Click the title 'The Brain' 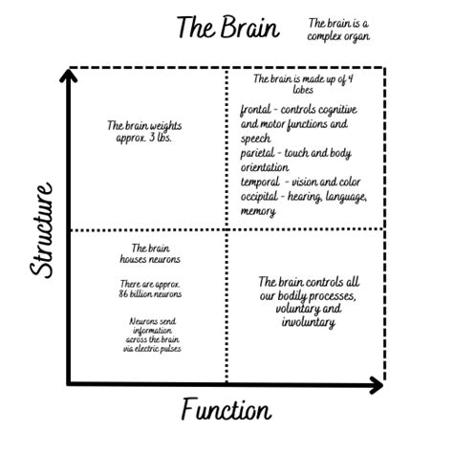(227, 28)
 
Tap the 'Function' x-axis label (226, 411)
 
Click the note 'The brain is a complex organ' (337, 29)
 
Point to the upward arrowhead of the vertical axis (68, 75)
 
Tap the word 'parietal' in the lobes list (260, 152)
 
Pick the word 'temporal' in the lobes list (261, 182)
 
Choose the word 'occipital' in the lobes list (261, 196)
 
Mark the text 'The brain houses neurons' (144, 253)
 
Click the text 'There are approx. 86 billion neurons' (151, 289)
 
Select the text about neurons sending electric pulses (155, 335)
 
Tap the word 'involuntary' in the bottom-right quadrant (308, 323)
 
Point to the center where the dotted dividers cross (226, 230)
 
